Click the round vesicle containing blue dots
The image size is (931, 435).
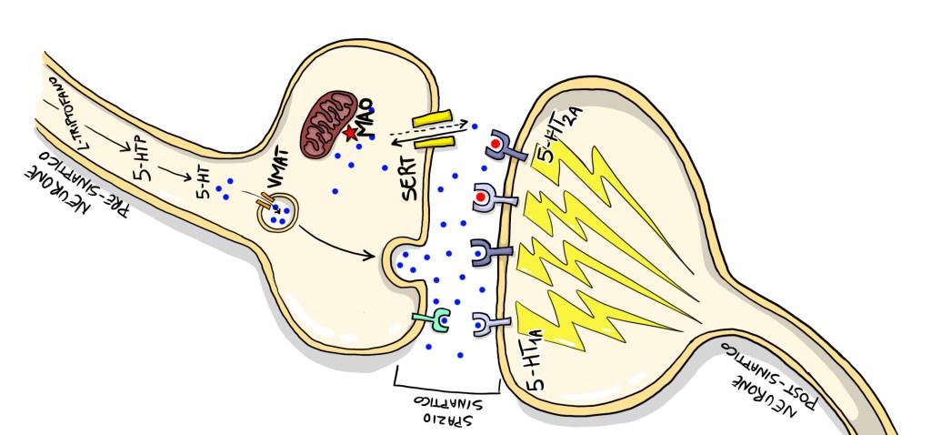279,212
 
